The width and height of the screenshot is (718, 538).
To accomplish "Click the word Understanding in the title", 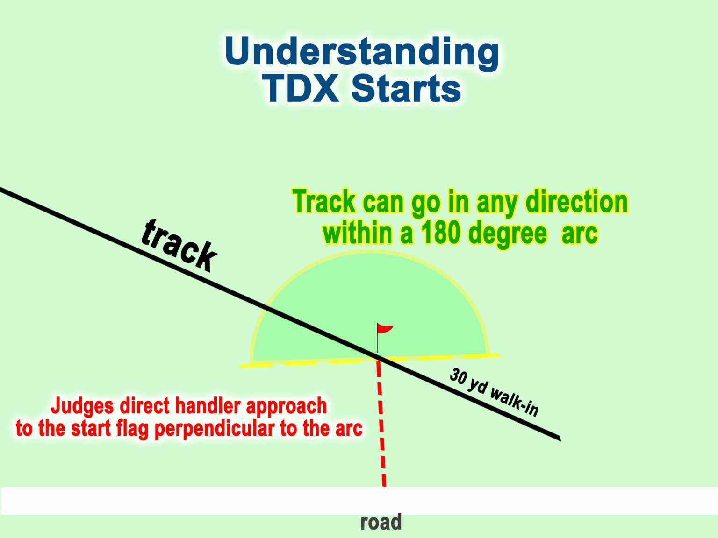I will click(x=361, y=52).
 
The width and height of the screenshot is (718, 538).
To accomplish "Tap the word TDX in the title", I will click(x=301, y=88).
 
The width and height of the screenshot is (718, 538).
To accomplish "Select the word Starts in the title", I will click(x=406, y=88).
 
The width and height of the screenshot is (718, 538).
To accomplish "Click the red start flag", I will click(x=385, y=329).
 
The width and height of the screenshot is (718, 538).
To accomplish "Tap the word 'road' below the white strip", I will click(x=381, y=522).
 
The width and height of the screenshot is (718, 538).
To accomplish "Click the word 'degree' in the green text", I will click(x=507, y=233).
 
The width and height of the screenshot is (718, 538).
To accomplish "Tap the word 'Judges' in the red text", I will click(x=82, y=406).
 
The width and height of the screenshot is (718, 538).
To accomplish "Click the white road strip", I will click(x=187, y=501).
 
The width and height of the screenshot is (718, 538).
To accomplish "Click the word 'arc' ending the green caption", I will click(x=580, y=233).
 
